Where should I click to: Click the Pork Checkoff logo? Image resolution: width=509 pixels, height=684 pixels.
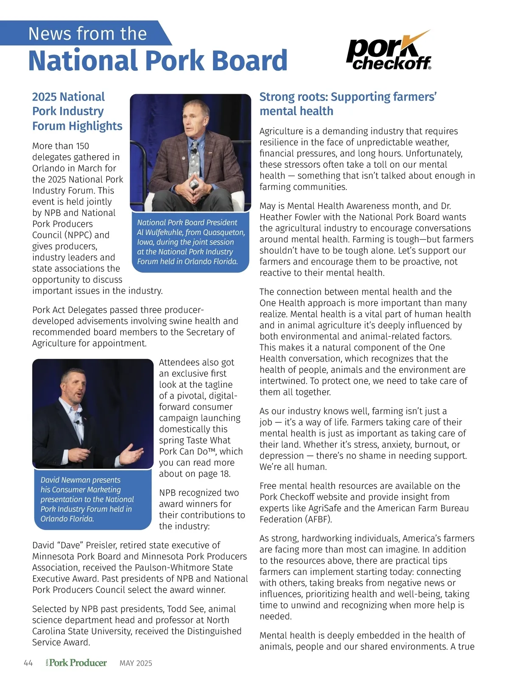[x=389, y=53]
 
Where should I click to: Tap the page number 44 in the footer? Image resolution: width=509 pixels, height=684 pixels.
[x=28, y=663]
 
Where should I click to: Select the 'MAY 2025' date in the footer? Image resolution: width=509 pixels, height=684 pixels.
[x=136, y=663]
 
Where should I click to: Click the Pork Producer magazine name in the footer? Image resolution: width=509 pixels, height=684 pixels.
[x=77, y=663]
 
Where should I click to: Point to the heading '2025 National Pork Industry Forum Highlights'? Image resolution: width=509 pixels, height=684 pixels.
[x=77, y=111]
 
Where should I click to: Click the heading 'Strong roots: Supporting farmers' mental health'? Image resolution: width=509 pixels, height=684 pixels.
[x=348, y=104]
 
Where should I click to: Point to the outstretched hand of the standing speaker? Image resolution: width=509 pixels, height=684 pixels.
[x=132, y=456]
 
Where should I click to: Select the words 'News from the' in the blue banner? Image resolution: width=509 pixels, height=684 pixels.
[x=87, y=34]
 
